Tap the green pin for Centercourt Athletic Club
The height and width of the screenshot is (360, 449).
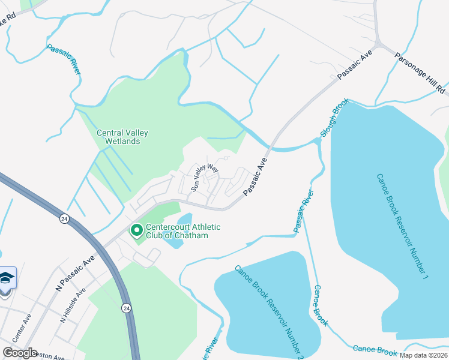[x=136, y=230]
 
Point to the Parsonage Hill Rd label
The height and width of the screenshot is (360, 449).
[x=420, y=73]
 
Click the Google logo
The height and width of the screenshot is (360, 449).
[x=20, y=352]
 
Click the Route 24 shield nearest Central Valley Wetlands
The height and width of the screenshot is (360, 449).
[x=64, y=219]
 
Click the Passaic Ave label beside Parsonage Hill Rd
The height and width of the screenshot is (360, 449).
[x=354, y=64]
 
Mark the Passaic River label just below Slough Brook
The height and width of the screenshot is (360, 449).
[x=304, y=211]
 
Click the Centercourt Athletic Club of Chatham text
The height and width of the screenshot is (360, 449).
[x=177, y=231]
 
